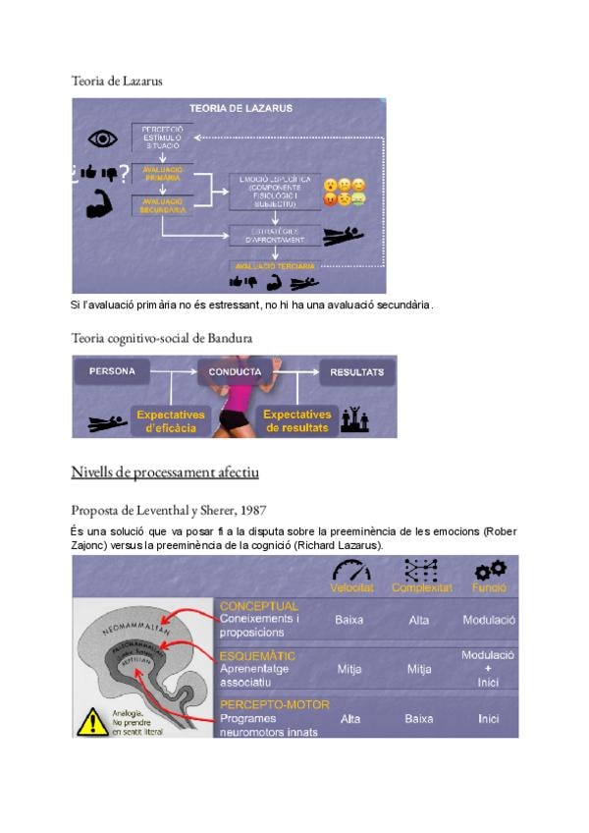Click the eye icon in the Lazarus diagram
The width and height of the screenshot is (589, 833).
tap(102, 137)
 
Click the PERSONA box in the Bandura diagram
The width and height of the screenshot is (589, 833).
tap(112, 372)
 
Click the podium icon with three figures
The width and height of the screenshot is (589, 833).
tap(354, 420)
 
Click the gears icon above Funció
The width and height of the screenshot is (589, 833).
tap(489, 570)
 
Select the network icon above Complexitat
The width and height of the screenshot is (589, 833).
tap(420, 570)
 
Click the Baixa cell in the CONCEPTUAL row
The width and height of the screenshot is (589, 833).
tap(349, 620)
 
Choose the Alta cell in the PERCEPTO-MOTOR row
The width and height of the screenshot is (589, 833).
tap(349, 718)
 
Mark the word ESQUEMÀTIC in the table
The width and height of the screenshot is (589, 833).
tap(258, 655)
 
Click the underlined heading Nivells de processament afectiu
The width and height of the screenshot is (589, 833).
tap(165, 472)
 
